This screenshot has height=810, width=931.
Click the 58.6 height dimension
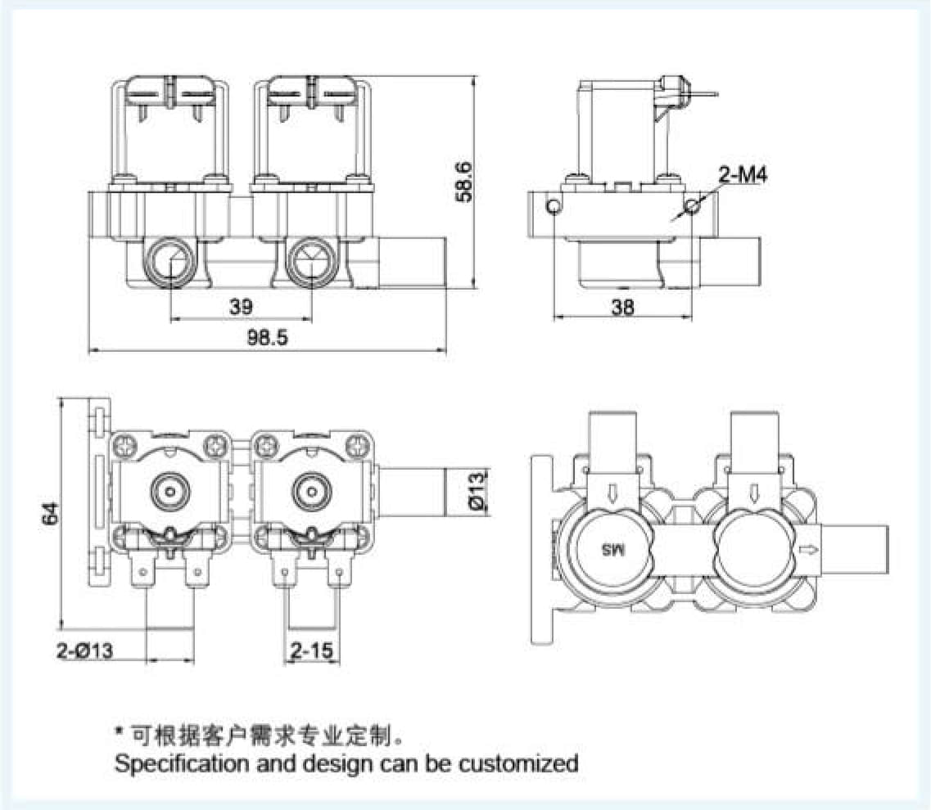click(x=464, y=181)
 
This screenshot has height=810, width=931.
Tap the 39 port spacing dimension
click(x=241, y=307)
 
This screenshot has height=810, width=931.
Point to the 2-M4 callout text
click(x=743, y=174)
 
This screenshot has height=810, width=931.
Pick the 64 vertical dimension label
click(x=51, y=513)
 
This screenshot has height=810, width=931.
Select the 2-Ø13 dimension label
click(x=84, y=651)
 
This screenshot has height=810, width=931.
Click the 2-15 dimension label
click(x=312, y=651)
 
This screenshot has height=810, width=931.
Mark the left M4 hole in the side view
click(x=554, y=205)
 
